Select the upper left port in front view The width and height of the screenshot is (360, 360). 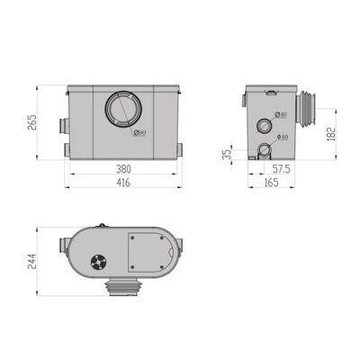click(62, 122)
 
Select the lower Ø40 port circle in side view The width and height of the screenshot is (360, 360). click(264, 148)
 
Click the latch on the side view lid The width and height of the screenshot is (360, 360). click(269, 92)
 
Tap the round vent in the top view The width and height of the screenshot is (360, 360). click(96, 263)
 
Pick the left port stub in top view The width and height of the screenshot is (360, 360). click(63, 244)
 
